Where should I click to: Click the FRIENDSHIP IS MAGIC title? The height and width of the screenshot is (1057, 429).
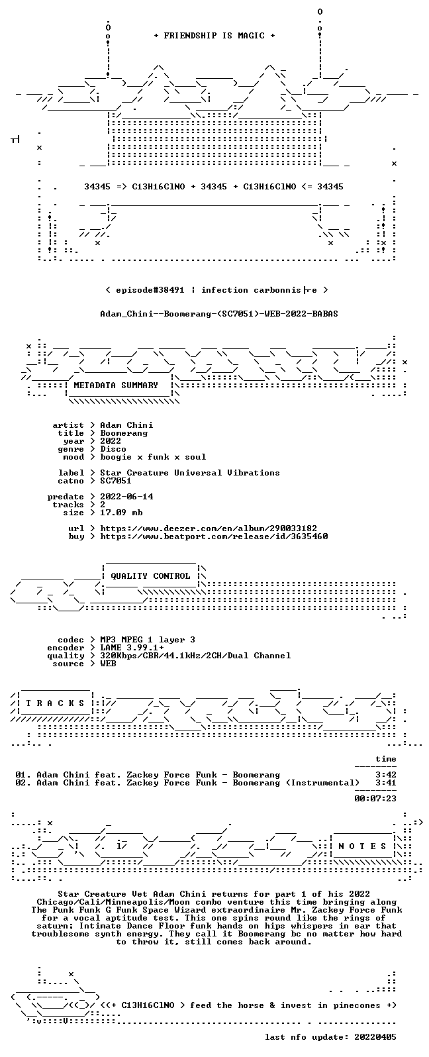[215, 36]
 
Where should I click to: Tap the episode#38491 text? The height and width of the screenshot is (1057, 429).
[150, 290]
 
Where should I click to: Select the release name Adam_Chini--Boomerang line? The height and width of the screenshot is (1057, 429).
[219, 314]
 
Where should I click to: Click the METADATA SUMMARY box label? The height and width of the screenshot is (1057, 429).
[116, 385]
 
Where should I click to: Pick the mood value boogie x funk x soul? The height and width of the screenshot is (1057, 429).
[153, 457]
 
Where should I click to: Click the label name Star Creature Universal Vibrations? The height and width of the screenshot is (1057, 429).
[190, 473]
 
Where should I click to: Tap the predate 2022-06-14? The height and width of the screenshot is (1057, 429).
[126, 497]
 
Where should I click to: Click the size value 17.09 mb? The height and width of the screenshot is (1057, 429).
[121, 513]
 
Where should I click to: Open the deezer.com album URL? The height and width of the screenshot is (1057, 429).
[209, 528]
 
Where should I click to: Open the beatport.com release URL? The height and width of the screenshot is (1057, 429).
[214, 536]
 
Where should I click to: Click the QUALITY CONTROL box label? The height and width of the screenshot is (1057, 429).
[150, 576]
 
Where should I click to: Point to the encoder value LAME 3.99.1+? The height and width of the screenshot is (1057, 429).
[132, 648]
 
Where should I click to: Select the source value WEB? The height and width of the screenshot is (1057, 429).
[108, 664]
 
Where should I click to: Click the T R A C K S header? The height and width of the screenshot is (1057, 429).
[55, 703]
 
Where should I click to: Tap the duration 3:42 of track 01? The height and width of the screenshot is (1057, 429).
[386, 775]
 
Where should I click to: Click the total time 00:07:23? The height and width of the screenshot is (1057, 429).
[375, 799]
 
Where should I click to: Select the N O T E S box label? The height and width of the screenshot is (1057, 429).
[362, 846]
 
